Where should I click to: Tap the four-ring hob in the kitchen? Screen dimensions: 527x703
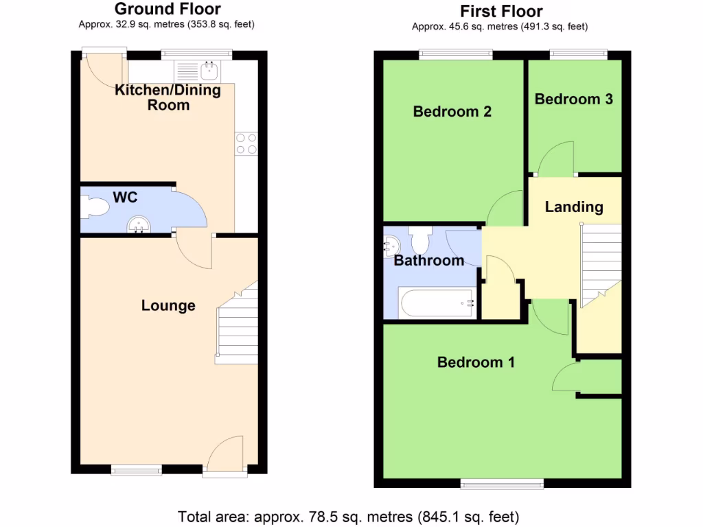(x=246, y=143)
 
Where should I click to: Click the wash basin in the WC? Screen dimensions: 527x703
(x=140, y=224)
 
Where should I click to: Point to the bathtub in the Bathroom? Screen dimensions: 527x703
(x=437, y=303)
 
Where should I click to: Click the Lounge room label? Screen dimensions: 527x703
(x=168, y=305)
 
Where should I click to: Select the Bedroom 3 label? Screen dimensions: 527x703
(x=573, y=99)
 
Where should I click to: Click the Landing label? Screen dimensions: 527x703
(x=573, y=207)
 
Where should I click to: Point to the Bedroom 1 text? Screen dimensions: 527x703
(x=476, y=362)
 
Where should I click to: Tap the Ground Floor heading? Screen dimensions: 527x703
(x=168, y=9)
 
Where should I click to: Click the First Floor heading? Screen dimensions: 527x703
(x=501, y=11)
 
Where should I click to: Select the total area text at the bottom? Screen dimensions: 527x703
(x=349, y=516)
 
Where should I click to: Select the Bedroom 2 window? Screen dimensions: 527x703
(x=456, y=54)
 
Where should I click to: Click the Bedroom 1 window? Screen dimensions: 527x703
(x=503, y=483)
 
